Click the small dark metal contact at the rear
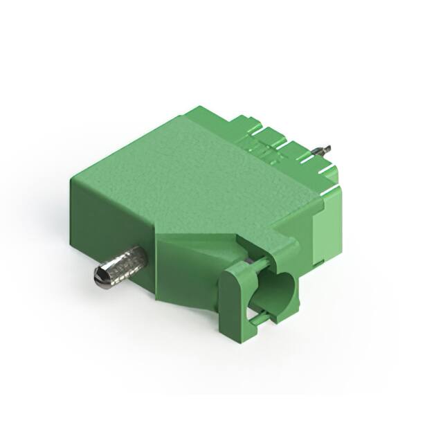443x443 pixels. (323, 149)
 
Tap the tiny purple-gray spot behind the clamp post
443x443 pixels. (247, 262)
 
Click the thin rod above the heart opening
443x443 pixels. (257, 264)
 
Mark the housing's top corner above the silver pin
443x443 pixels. (72, 178)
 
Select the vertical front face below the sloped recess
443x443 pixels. (187, 284)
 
